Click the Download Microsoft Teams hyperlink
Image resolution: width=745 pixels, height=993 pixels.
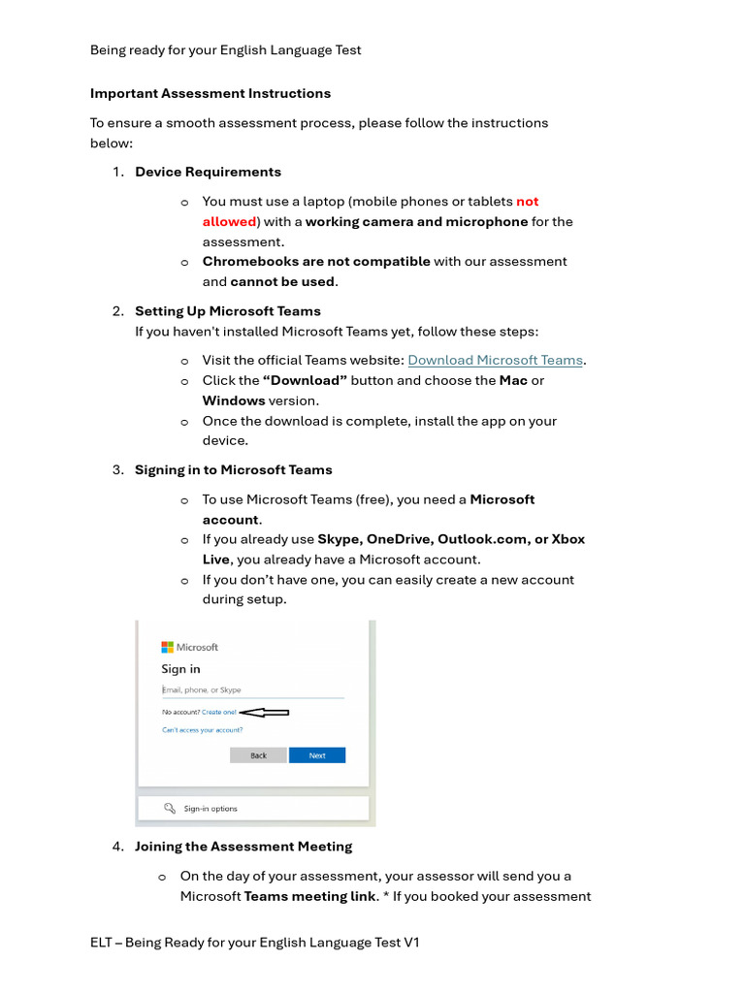[495, 360]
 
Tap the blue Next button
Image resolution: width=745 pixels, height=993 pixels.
[317, 755]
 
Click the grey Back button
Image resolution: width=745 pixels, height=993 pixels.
[258, 755]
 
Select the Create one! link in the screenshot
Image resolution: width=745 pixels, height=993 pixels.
[219, 712]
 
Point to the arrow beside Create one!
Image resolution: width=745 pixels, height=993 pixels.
[264, 712]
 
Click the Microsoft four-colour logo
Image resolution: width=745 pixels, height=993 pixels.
[167, 647]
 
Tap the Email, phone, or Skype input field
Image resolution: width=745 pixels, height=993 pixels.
[252, 690]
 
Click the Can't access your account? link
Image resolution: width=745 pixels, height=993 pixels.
[202, 729]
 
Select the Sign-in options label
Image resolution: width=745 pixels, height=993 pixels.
[211, 808]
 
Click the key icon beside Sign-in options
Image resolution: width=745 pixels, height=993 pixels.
[170, 808]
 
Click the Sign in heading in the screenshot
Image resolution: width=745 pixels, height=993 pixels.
[180, 669]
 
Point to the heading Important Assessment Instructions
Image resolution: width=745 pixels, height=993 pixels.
[211, 93]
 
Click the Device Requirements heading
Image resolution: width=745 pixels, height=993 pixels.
[208, 172]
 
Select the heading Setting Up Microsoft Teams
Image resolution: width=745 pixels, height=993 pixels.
[227, 311]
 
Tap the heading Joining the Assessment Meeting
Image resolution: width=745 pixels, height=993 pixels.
[243, 847]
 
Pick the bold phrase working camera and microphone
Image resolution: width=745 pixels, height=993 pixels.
[416, 221]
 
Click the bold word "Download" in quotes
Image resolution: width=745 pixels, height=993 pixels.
[305, 380]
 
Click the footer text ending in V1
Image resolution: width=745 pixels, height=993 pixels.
[254, 943]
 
